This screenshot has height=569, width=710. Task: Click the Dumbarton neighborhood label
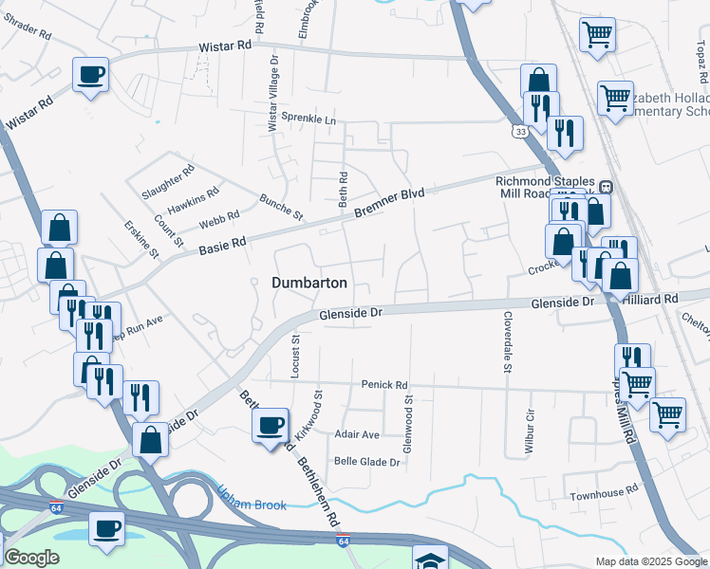coord(309,283)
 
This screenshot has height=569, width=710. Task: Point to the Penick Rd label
coord(383,385)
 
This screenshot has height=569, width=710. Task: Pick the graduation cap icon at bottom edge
coord(430,559)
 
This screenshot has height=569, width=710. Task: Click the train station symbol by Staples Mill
coord(604,186)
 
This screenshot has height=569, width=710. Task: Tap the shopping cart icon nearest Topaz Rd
coord(597,35)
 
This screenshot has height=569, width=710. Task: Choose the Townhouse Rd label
coord(603,495)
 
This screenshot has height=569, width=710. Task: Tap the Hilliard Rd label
coord(651,299)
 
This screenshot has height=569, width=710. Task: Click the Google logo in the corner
coord(31,558)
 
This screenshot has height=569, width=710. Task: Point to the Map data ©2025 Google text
coord(650,561)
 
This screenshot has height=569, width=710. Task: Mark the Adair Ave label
coord(357,434)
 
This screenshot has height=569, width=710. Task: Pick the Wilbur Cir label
coord(530,432)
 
